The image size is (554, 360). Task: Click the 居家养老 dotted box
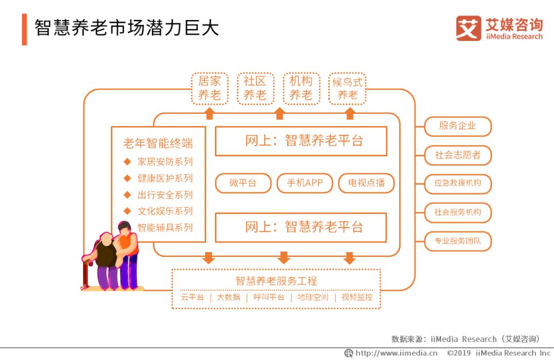point(209,88)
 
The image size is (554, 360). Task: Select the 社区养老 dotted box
point(255,88)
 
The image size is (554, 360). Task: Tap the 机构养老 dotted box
point(301,88)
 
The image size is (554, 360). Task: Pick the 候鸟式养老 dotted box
point(347,88)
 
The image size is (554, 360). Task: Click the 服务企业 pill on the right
point(458,126)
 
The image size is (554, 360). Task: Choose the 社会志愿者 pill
point(458,155)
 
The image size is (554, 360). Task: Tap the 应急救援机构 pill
point(458,184)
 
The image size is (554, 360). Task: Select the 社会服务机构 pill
point(458,212)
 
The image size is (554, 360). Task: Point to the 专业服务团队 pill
point(458,241)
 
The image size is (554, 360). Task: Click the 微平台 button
point(243,183)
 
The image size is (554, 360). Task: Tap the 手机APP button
point(305,183)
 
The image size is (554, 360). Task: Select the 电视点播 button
point(366,183)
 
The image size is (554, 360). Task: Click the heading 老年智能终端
point(158,144)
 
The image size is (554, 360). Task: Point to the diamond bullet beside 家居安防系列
point(127,162)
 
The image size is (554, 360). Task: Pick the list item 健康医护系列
point(165,178)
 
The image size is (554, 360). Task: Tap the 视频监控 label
point(358,297)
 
